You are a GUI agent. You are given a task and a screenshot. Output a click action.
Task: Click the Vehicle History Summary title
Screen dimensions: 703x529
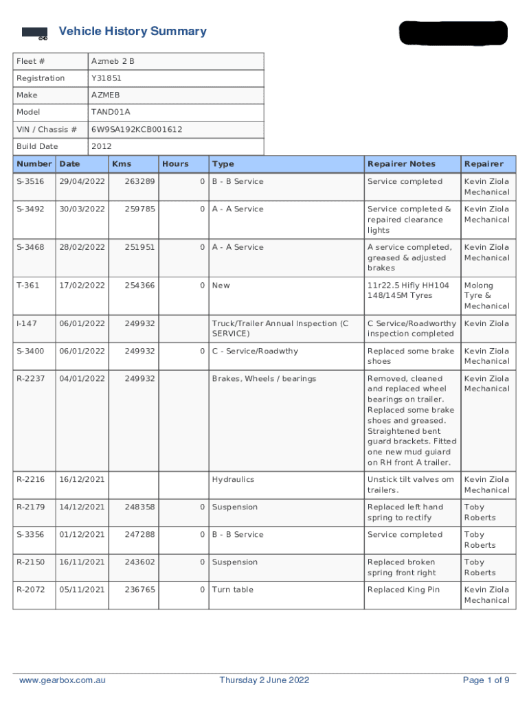(133, 32)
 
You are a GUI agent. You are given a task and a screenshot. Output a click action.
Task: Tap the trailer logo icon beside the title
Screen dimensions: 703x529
(34, 34)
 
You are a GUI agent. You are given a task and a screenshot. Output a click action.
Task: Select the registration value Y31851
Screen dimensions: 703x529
(106, 78)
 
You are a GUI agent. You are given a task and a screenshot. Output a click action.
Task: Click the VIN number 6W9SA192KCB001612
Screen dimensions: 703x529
(137, 129)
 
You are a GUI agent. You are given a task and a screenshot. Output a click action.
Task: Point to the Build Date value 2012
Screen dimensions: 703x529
(101, 146)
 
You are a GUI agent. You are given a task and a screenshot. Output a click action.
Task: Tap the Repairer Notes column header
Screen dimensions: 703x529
(401, 164)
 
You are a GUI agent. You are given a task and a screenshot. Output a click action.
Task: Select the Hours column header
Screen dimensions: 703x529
(175, 164)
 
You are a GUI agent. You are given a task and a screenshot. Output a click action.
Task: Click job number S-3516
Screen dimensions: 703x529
(30, 182)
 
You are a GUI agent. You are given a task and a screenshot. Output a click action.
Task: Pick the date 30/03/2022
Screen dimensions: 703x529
(82, 209)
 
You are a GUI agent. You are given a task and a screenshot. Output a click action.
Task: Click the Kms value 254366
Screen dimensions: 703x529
(139, 286)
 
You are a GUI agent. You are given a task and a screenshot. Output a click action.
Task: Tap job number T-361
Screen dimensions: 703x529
(28, 286)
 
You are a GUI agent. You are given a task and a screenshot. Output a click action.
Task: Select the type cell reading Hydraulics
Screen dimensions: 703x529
(233, 480)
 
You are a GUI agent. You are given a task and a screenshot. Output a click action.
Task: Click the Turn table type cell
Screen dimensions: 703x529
(232, 590)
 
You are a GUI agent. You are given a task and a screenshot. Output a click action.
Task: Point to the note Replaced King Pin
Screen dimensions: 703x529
(403, 590)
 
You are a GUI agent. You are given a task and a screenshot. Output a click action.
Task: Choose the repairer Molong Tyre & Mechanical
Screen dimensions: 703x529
(486, 296)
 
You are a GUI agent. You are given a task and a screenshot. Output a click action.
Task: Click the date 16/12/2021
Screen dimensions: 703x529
(82, 480)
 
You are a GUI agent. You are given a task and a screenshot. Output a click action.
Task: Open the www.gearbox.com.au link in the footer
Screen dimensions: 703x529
(63, 680)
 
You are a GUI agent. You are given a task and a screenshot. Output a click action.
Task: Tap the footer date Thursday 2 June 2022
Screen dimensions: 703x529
(264, 680)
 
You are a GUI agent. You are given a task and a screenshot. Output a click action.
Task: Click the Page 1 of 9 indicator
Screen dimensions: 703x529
(486, 680)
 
